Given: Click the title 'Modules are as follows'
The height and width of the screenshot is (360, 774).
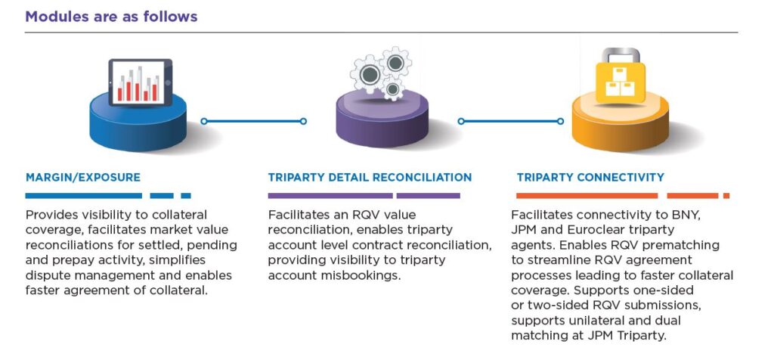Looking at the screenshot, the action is pos(111,17).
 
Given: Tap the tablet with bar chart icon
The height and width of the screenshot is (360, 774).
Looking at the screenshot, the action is pos(141,82).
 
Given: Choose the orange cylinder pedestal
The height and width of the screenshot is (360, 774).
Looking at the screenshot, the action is pos(621,122).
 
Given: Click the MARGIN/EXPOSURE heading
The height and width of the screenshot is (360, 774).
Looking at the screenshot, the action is pos(83,177).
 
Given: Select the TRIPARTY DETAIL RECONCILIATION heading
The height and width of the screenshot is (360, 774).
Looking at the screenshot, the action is pos(370,177).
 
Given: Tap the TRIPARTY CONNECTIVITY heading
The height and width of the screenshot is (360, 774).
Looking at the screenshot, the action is pos(590,177).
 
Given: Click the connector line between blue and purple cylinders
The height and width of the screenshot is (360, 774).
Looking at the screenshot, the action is pos(254,121).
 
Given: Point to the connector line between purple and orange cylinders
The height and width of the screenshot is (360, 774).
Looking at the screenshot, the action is pos(511,121).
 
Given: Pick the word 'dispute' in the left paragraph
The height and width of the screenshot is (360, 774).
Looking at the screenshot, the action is pos(47,275).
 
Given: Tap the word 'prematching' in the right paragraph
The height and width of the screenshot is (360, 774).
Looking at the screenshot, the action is pos(685,246).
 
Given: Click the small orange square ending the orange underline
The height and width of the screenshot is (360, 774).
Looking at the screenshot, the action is pos(726,196).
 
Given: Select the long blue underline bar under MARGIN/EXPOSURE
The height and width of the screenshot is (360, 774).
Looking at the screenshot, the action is pos(83,196).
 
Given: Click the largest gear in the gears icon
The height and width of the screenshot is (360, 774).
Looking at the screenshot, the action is pos(370,75).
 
